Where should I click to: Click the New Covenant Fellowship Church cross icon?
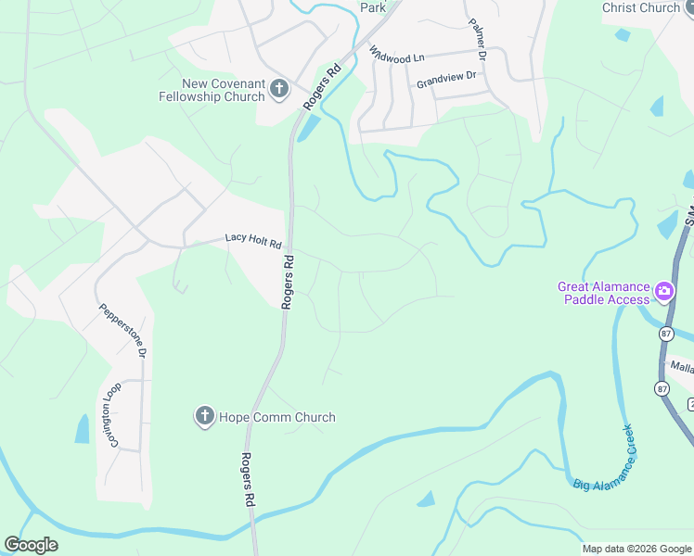coord(279,90)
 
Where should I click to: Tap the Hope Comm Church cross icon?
coord(204,417)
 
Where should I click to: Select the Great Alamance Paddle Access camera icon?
coord(664,293)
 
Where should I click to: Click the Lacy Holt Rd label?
coord(253,240)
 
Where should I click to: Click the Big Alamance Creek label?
coord(604,458)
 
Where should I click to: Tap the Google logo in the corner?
coord(31,545)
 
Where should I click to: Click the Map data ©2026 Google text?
coord(636,549)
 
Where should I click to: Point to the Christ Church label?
coord(640,7)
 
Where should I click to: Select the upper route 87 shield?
coord(666,334)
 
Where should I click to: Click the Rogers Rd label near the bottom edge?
coord(248,479)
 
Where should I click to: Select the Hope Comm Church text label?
coord(276,417)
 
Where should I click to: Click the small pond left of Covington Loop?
coord(83,428)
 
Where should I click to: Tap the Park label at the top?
coord(372,7)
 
